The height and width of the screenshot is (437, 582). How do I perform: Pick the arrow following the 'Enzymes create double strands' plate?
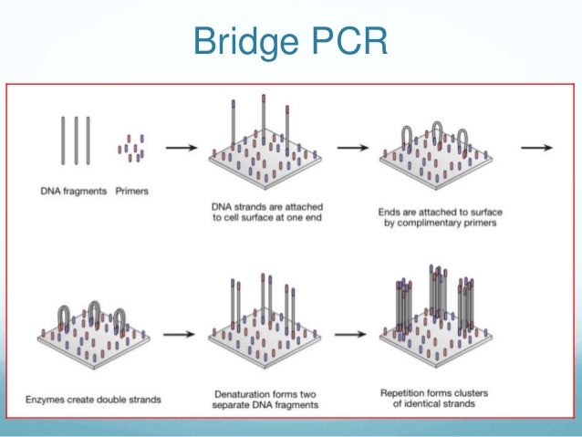click(x=180, y=334)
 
